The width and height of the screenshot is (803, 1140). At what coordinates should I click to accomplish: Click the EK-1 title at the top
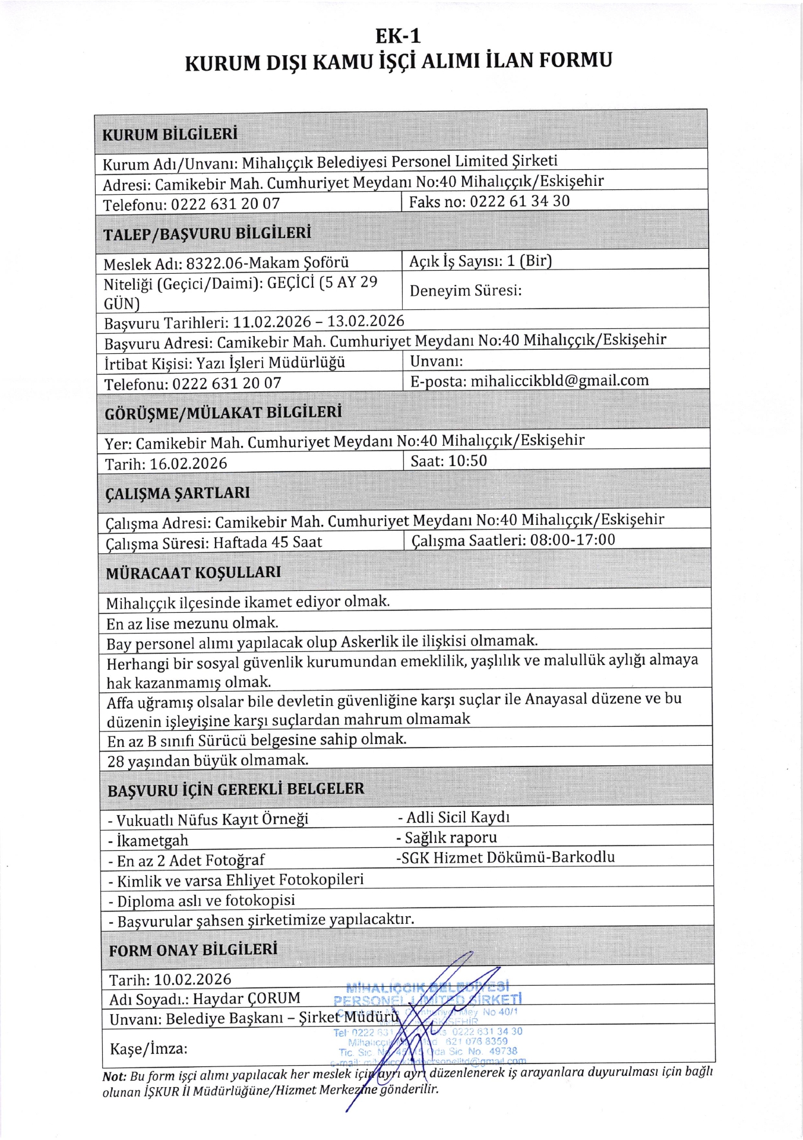398,36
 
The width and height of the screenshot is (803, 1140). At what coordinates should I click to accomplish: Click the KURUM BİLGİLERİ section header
170,134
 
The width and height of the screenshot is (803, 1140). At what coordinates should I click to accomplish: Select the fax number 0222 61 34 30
520,201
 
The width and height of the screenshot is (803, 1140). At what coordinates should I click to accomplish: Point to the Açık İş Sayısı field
480,261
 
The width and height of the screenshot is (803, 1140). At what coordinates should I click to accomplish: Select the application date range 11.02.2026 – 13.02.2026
318,322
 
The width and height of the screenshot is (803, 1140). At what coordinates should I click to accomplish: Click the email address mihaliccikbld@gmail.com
559,381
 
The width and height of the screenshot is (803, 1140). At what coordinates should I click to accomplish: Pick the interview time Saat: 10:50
449,461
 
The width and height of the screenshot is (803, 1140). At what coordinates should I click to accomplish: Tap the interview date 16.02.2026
188,464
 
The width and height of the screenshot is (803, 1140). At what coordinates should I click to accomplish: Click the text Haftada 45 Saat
268,542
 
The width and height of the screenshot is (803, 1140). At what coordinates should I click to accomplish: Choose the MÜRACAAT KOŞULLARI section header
194,573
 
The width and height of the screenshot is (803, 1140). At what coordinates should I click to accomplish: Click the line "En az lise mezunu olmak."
192,623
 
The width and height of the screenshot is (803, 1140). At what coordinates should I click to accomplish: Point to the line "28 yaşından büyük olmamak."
208,761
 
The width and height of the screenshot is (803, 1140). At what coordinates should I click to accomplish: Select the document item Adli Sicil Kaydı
454,818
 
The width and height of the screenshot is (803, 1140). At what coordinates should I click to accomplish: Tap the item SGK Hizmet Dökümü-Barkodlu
505,857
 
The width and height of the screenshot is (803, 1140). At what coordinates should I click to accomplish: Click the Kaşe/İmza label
148,1049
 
